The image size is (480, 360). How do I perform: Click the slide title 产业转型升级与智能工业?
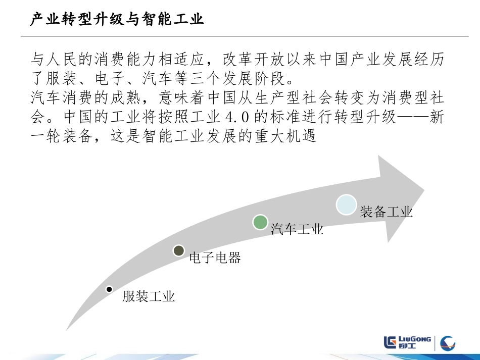(117, 20)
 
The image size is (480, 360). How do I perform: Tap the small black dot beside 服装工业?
(109, 289)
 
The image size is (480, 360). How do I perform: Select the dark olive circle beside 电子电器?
(178, 250)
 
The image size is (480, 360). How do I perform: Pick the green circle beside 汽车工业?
(260, 222)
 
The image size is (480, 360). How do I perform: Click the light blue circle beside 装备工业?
(347, 205)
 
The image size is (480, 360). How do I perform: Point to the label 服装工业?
(149, 296)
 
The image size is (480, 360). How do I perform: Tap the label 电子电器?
(215, 258)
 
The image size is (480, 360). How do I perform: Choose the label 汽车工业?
(297, 230)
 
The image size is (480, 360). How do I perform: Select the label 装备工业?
(387, 212)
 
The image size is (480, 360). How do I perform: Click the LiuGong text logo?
(407, 342)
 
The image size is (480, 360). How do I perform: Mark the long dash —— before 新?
(410, 117)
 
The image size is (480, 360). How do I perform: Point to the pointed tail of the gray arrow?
(67, 330)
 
